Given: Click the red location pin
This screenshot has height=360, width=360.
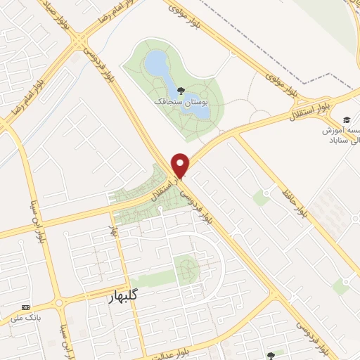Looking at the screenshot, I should [181, 165].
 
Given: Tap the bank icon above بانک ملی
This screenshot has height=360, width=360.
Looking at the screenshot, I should [26, 308].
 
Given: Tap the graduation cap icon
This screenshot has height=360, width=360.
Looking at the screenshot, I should [346, 120].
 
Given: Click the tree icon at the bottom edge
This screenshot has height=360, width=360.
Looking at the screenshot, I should [271, 356].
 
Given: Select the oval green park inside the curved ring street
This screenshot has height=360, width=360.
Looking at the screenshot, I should [186, 271].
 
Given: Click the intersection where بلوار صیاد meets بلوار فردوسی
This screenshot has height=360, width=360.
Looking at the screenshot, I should [76, 44].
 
